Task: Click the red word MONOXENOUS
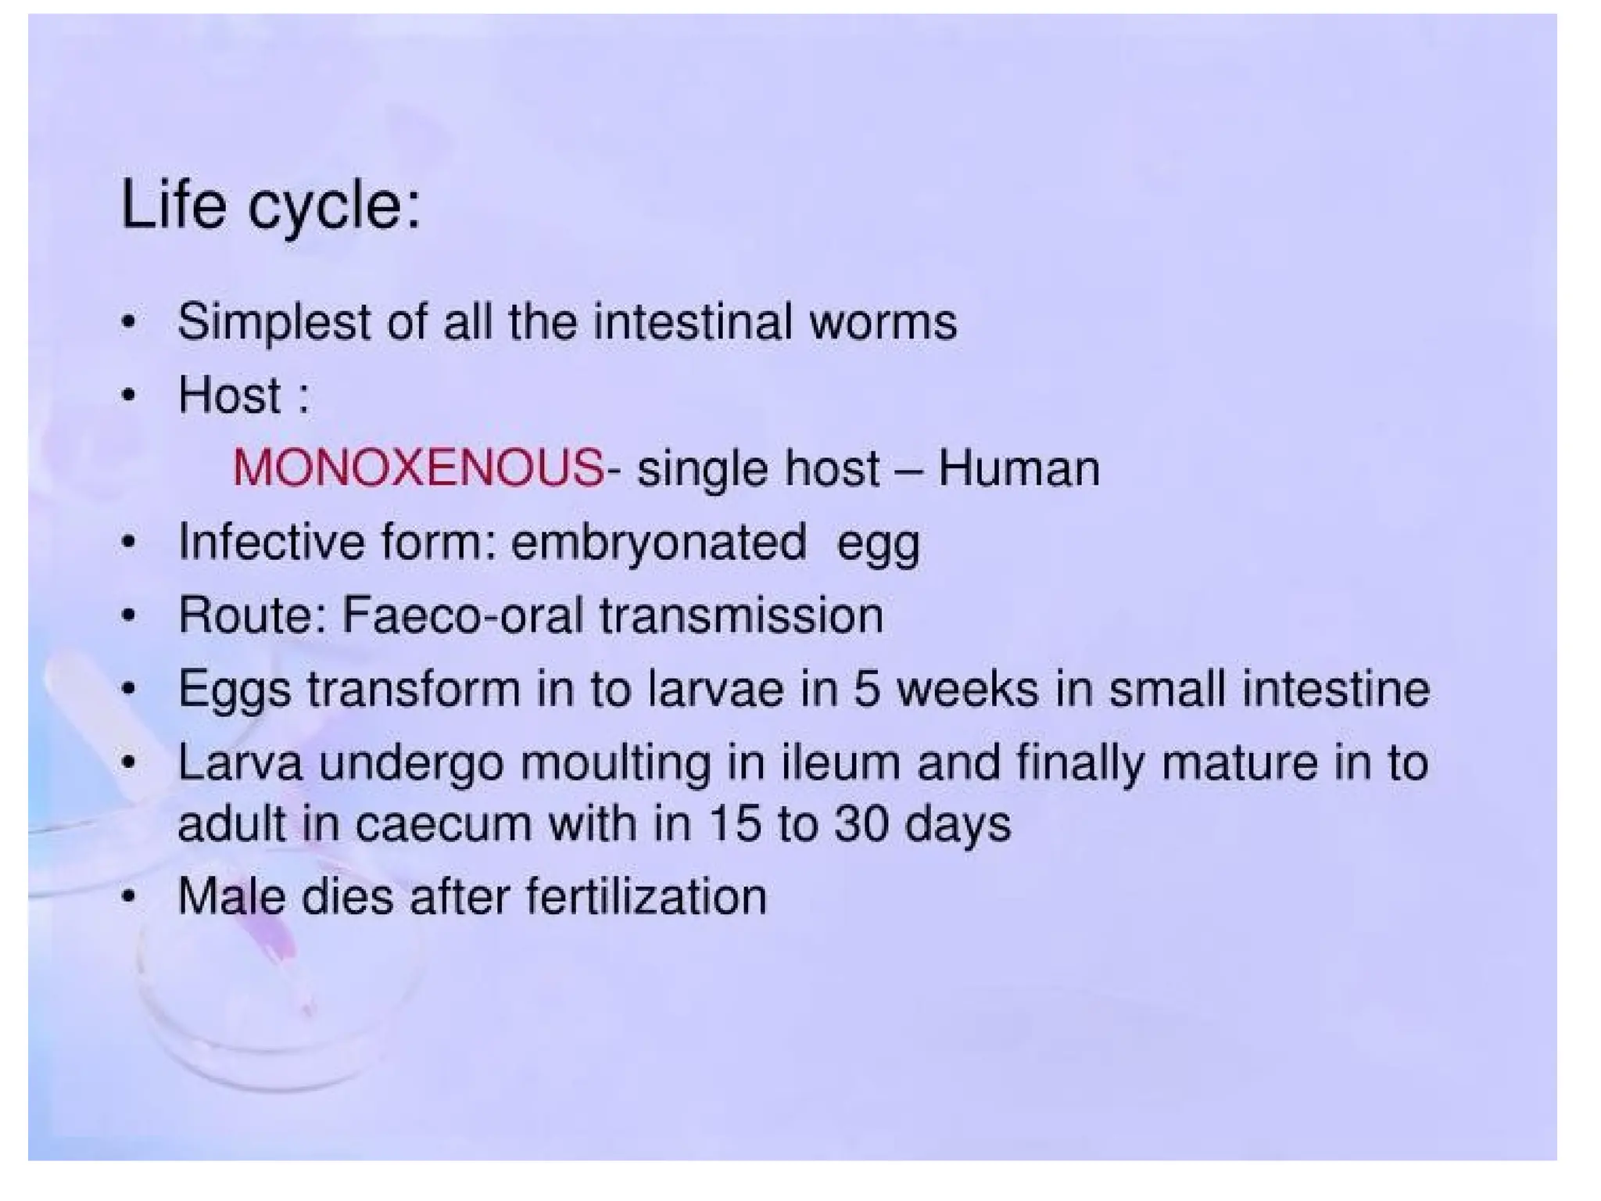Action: point(418,469)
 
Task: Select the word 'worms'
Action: point(883,322)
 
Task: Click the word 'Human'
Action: point(1019,469)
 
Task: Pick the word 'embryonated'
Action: point(658,542)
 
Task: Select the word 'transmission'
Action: point(741,615)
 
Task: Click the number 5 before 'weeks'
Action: point(866,689)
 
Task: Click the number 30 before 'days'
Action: point(861,823)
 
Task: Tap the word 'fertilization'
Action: point(646,896)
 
